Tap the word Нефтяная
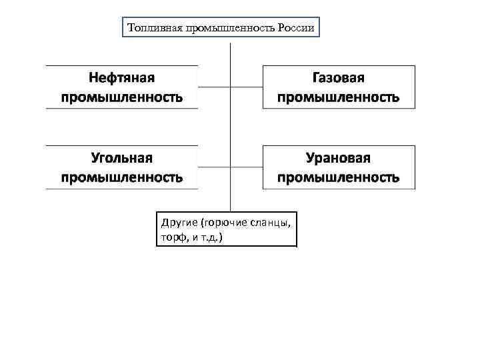(x=122, y=77)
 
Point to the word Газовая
(x=339, y=77)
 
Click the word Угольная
(x=122, y=158)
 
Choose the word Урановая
(x=339, y=158)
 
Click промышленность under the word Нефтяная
(x=122, y=97)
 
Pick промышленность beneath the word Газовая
(x=339, y=97)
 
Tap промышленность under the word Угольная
(x=122, y=178)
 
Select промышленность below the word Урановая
(x=339, y=178)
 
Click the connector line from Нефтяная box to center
(x=213, y=86)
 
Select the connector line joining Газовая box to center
(x=247, y=86)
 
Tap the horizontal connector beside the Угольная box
(x=213, y=167)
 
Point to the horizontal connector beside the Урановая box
(x=247, y=167)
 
